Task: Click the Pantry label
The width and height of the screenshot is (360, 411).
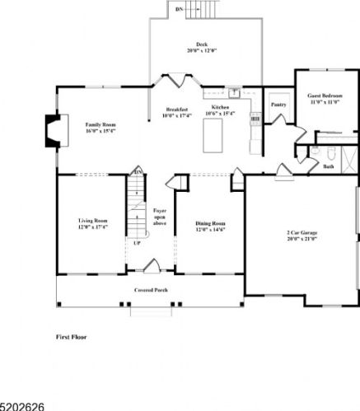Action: (278, 105)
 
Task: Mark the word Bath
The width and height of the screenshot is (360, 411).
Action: (328, 166)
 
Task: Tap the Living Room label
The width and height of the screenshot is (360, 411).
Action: (93, 224)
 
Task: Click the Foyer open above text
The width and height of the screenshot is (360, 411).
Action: (160, 217)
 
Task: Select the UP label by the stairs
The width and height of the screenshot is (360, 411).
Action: (137, 242)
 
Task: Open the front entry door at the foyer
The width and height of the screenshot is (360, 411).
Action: (151, 266)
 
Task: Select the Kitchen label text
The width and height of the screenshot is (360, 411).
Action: (220, 108)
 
